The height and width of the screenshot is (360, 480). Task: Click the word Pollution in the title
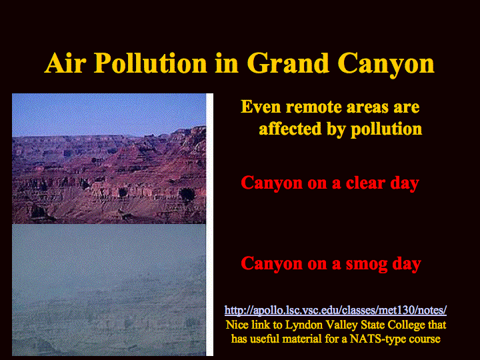[151, 64]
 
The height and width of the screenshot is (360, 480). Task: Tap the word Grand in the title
[289, 63]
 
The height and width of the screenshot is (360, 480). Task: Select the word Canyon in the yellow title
[386, 65]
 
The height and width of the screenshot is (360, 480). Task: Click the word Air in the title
[65, 63]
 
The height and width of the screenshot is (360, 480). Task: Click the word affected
[290, 129]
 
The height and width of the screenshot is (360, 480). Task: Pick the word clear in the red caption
[365, 183]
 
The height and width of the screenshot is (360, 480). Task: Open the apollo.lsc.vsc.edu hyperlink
[335, 310]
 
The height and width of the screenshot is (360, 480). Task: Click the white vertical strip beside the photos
[210, 225]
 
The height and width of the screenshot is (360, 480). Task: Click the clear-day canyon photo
[109, 159]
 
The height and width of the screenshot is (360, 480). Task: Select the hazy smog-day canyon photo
[109, 289]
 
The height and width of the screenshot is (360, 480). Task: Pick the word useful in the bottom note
[265, 339]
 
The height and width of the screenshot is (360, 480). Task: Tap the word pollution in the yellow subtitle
[386, 129]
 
